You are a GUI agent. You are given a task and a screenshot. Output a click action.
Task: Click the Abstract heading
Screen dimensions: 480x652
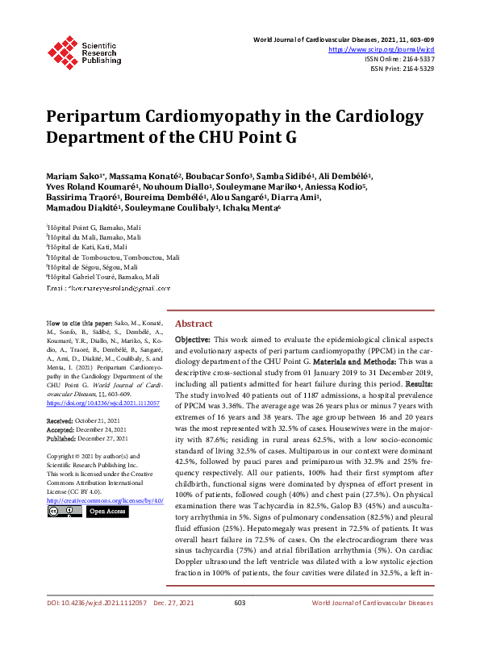pos(194,323)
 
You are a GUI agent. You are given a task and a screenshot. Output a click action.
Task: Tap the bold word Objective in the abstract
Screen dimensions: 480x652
pos(194,341)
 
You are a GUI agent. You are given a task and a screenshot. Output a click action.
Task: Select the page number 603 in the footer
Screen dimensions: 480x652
pos(240,625)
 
